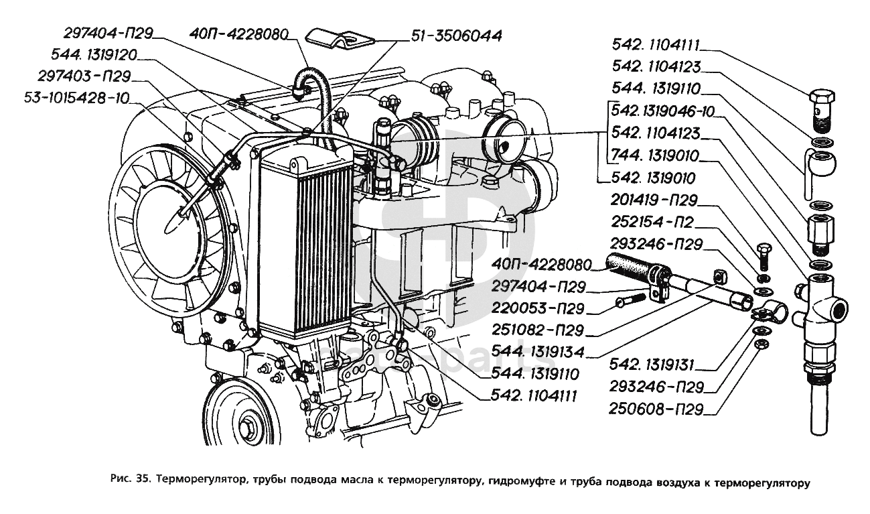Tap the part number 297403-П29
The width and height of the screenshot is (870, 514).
(x=84, y=76)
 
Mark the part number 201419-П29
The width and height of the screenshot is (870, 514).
(x=655, y=200)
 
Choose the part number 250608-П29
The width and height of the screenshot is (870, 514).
(x=655, y=408)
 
